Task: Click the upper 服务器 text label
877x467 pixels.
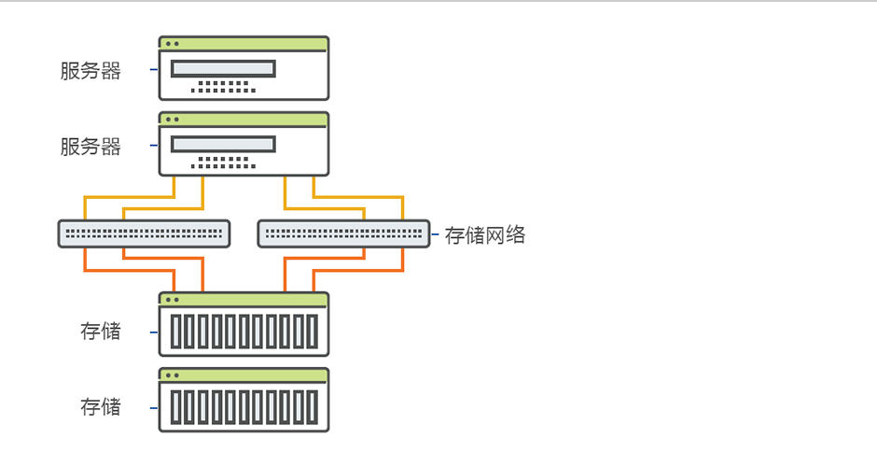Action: pos(90,71)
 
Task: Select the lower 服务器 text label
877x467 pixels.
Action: pos(90,147)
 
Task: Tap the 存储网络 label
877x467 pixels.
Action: pos(485,235)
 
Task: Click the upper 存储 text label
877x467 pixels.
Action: pos(101,331)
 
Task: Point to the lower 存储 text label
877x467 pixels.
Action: pos(101,406)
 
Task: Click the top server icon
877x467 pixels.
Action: pos(244,68)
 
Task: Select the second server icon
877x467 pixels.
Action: pos(244,144)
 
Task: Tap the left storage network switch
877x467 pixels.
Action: pos(144,233)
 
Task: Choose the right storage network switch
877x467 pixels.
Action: pos(343,233)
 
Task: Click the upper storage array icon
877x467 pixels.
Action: pos(244,324)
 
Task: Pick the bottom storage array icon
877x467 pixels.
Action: pos(244,400)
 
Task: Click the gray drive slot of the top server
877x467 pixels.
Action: pos(222,68)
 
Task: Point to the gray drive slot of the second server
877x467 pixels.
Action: pos(222,144)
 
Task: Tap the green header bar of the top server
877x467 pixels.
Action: pos(244,43)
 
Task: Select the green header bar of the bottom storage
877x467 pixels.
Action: pos(244,375)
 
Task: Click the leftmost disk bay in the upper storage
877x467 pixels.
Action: pos(176,332)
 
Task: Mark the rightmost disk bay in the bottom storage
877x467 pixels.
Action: pos(312,407)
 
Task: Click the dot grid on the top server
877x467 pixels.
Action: pos(223,87)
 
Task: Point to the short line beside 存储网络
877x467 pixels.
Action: pos(435,234)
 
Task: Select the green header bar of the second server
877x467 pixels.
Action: pos(244,119)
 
